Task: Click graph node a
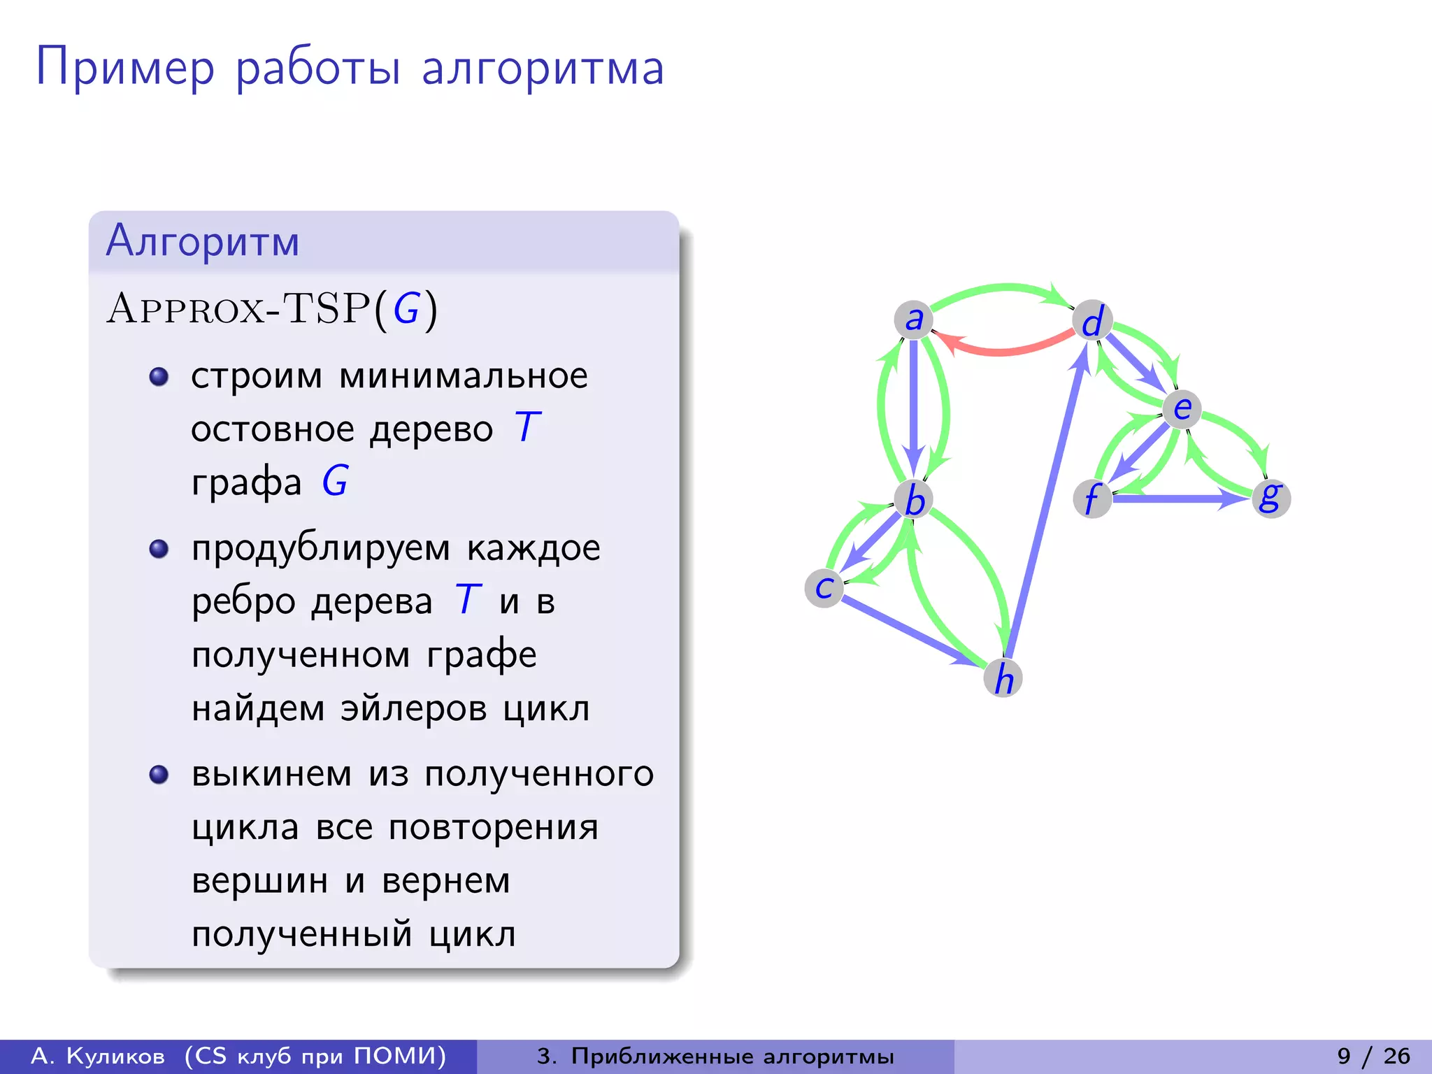click(x=913, y=320)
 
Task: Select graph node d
click(x=1092, y=320)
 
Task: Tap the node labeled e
click(x=1182, y=408)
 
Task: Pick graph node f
click(x=1092, y=499)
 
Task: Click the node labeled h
click(x=1003, y=678)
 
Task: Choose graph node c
click(x=824, y=588)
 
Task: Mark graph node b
click(x=914, y=499)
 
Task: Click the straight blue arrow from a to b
click(x=913, y=406)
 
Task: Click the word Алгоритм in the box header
click(x=203, y=241)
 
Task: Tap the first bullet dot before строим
click(x=159, y=377)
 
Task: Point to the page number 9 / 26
click(x=1373, y=1056)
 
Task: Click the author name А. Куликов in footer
click(x=99, y=1056)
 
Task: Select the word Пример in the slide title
click(x=126, y=69)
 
